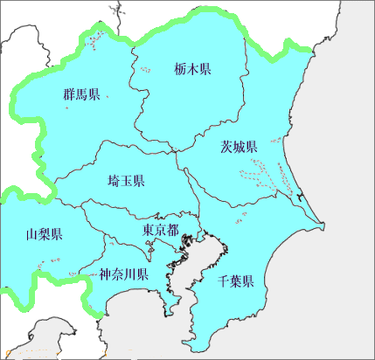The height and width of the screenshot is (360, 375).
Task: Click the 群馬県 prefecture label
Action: click(x=81, y=94)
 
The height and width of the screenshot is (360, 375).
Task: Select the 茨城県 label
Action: click(x=238, y=147)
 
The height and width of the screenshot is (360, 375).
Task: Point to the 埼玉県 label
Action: click(x=126, y=181)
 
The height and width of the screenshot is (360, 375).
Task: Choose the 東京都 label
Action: click(x=161, y=231)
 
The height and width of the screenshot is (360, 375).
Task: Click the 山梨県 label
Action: click(x=44, y=233)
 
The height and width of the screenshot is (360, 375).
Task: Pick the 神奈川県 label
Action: click(x=122, y=273)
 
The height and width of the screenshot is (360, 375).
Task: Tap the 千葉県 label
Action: click(x=236, y=281)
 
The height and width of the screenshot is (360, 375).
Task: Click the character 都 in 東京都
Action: click(x=173, y=231)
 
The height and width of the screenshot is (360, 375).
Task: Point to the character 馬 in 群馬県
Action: click(x=81, y=94)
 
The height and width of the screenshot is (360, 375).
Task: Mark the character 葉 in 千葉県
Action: click(x=236, y=281)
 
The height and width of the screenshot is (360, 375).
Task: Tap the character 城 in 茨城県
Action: click(x=238, y=147)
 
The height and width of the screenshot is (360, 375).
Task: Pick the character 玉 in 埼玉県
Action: click(x=126, y=181)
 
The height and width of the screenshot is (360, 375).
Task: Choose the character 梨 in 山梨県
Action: click(x=44, y=233)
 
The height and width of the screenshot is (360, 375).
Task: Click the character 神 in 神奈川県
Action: click(x=104, y=273)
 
